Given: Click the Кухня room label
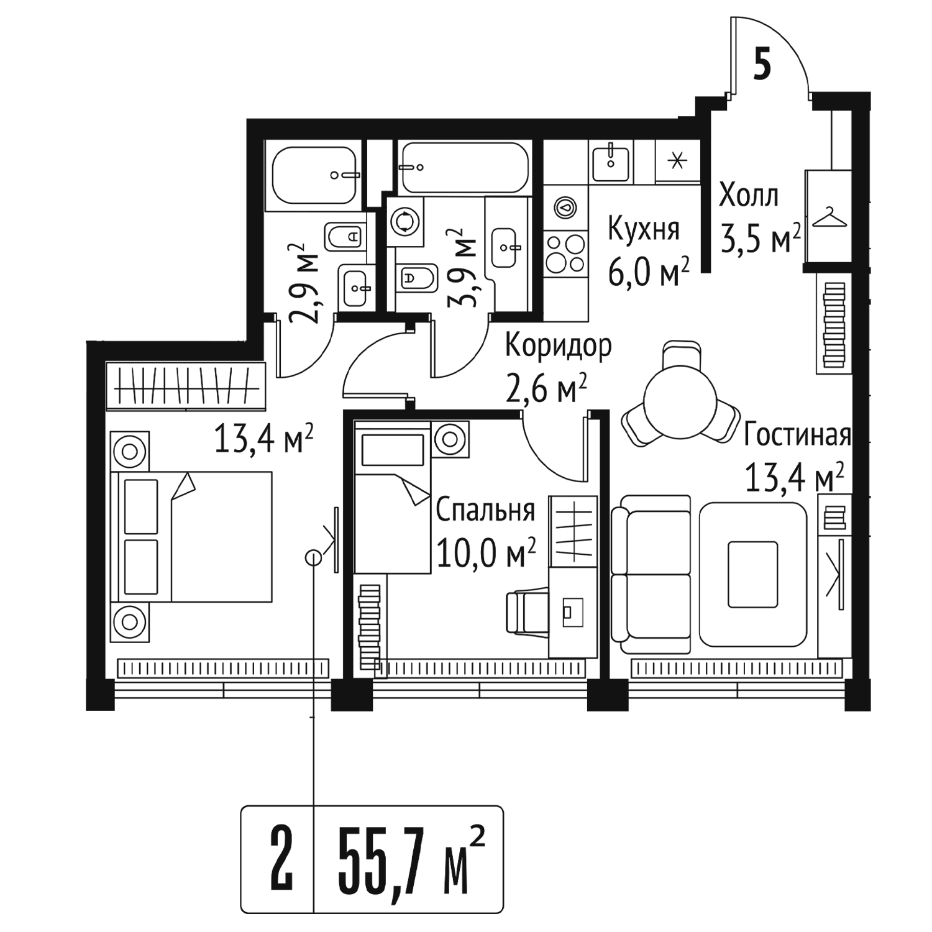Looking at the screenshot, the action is pos(643,229).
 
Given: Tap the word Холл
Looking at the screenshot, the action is pos(748,196).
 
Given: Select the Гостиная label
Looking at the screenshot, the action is pos(797,435).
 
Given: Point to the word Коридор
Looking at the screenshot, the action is pos(558,347).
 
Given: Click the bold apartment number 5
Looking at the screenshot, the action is pos(762,64).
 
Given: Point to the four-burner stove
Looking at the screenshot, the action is pos(565,254).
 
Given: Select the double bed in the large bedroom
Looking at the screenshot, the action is pos(191,536).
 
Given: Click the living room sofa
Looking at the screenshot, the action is pos(651,575).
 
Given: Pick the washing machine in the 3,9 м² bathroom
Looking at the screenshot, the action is pos(406,221).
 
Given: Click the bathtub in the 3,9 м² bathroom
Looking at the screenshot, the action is pos(465,168).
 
